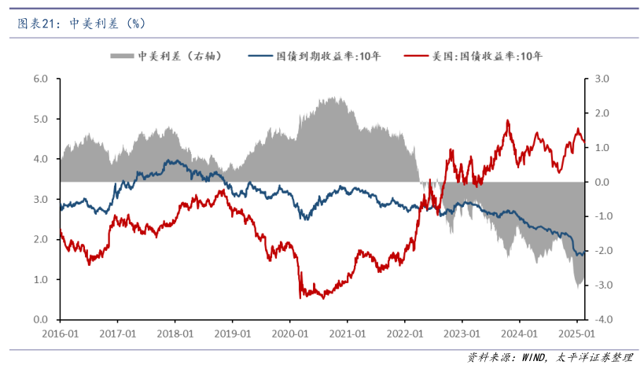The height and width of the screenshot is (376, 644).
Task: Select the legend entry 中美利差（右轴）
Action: (x=168, y=57)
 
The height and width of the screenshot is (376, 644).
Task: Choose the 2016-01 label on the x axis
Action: (x=60, y=334)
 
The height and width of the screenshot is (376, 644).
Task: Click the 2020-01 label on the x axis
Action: (x=289, y=334)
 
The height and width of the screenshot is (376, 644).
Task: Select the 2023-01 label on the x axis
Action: (x=462, y=334)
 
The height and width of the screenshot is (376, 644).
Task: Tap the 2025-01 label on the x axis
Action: (x=576, y=334)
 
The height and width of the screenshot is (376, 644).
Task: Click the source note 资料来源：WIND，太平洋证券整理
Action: (x=550, y=358)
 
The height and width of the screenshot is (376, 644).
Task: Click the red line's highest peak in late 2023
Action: (x=508, y=121)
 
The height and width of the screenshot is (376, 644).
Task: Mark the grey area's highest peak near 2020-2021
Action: (x=333, y=98)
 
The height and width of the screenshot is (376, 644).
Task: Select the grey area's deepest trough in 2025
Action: (x=579, y=287)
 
